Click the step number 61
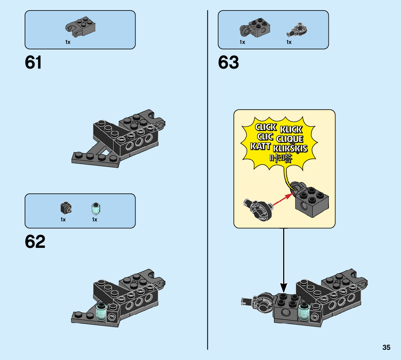33,63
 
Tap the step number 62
35,242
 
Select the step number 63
228,63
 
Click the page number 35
386,347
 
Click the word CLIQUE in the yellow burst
289,139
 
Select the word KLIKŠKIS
290,148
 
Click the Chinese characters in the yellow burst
281,158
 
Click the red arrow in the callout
283,200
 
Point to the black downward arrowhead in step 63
284,288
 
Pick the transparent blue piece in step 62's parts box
95,208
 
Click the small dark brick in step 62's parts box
65,208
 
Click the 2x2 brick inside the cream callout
311,203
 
